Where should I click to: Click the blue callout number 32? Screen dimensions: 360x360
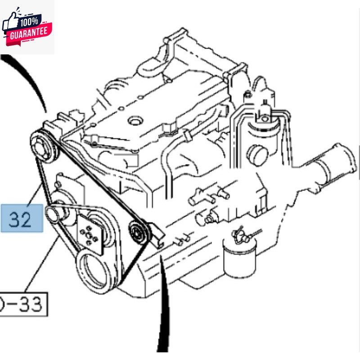(x=22, y=218)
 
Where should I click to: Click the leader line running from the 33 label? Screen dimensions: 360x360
(x=43, y=265)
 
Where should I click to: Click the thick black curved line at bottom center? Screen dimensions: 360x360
(x=164, y=306)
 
